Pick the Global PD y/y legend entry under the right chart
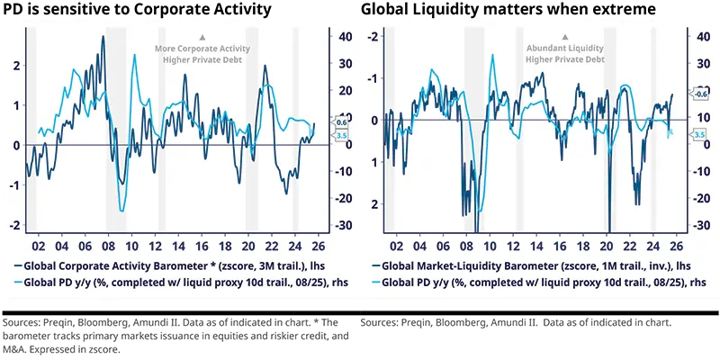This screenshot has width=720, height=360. (536, 283)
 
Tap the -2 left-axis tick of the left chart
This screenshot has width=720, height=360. (14, 225)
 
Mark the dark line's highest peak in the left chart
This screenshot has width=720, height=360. (103, 37)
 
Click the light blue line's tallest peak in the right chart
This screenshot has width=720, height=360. (492, 55)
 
